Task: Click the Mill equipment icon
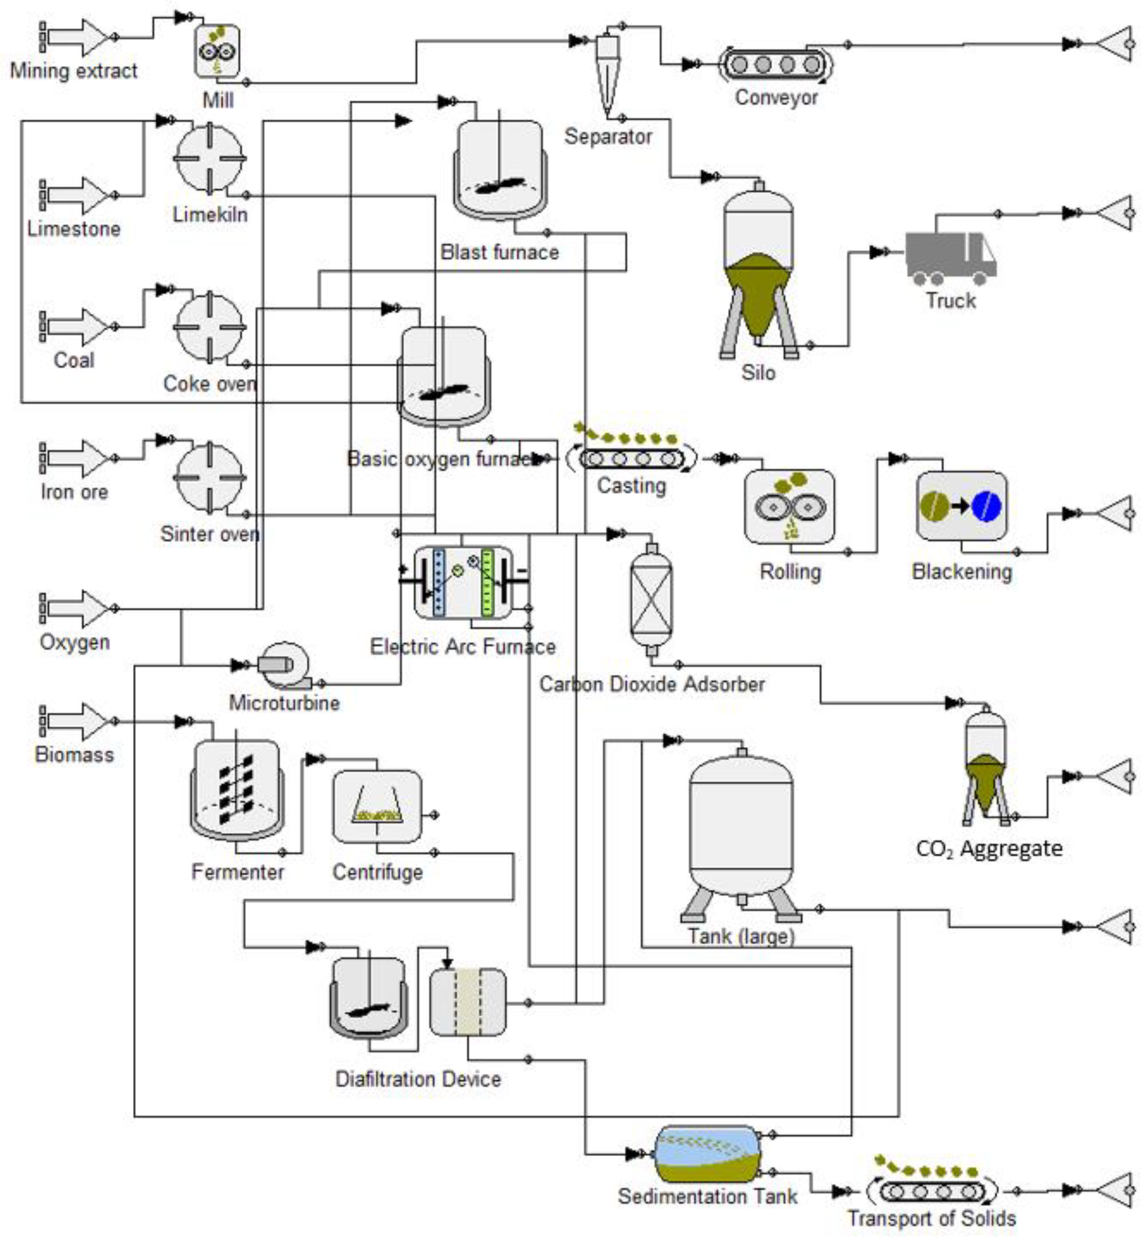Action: [x=217, y=52]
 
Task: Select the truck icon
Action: [x=950, y=257]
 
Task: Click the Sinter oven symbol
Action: [x=210, y=478]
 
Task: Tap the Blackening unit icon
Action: [x=961, y=506]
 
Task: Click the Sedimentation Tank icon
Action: [x=708, y=1154]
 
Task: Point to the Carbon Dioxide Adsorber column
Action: [x=651, y=599]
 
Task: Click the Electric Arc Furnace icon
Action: [x=464, y=582]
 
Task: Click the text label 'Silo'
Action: [x=758, y=373]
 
